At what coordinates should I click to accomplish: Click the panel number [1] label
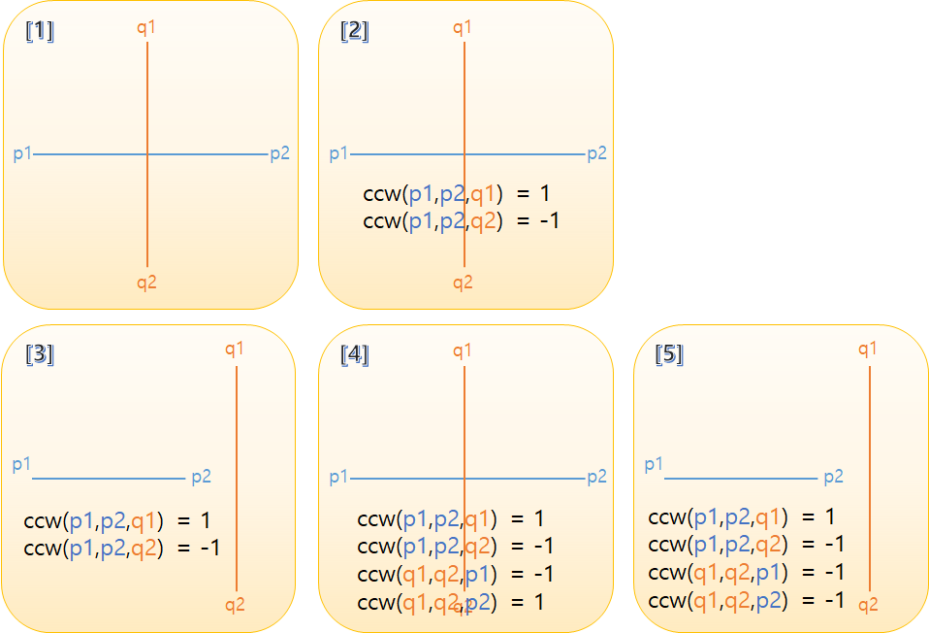(x=40, y=31)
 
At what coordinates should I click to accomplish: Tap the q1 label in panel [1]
(x=146, y=27)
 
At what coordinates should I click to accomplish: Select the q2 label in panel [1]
(x=146, y=283)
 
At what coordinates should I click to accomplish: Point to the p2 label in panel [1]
(x=279, y=153)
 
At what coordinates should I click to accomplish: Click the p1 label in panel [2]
(x=338, y=153)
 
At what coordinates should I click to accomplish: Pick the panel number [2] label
(x=355, y=31)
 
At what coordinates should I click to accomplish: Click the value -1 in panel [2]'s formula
(x=549, y=220)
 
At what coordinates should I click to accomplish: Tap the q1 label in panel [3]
(x=235, y=349)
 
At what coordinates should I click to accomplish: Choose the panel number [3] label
(x=40, y=354)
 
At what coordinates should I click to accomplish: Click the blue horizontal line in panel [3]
(x=107, y=479)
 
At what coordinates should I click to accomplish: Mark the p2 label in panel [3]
(x=201, y=477)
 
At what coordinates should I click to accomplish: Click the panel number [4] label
(x=355, y=354)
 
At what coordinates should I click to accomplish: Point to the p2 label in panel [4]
(x=596, y=477)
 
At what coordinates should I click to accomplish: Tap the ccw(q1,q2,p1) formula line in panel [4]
(x=456, y=574)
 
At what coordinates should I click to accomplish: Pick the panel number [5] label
(x=669, y=354)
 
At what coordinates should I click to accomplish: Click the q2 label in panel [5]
(x=868, y=605)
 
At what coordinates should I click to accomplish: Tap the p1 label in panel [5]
(x=654, y=464)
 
